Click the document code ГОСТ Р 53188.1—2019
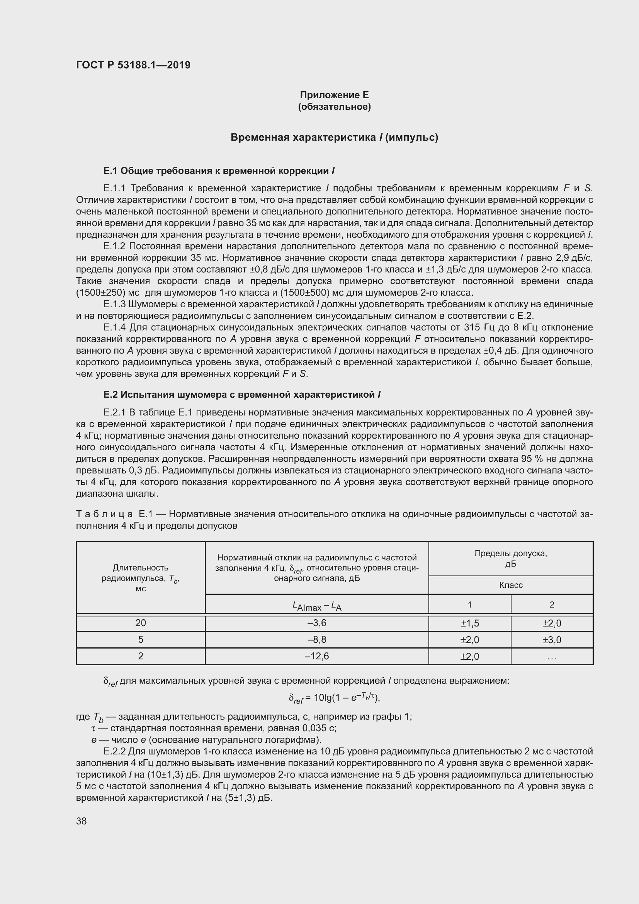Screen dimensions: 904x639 click(x=133, y=65)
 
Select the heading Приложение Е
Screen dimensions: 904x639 click(x=334, y=95)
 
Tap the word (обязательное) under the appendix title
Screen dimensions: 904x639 click(x=334, y=107)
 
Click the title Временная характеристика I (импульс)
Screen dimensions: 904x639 click(x=334, y=138)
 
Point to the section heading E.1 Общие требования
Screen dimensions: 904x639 click(x=219, y=170)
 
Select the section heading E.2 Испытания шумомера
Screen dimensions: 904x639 click(x=241, y=394)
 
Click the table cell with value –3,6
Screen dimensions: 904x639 click(x=317, y=623)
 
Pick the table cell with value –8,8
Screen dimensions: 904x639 click(x=317, y=639)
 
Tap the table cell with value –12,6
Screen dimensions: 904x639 click(x=317, y=656)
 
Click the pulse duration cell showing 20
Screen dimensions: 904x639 click(x=141, y=623)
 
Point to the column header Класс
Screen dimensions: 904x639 click(x=510, y=585)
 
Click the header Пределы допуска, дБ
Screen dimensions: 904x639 click(x=510, y=558)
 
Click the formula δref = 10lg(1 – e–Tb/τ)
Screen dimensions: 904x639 click(x=334, y=698)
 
